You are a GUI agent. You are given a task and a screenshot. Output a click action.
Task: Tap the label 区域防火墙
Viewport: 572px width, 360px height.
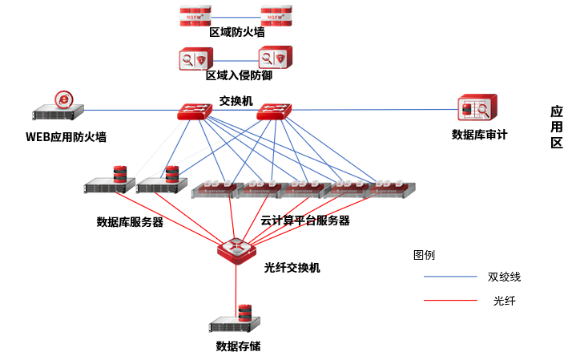tap(237, 33)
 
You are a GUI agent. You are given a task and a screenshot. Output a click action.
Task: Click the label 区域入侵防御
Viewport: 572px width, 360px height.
tap(239, 76)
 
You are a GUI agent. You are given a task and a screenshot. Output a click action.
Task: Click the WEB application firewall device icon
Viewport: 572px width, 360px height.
tap(58, 107)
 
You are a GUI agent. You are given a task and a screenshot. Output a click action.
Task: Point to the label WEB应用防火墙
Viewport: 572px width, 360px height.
tap(66, 137)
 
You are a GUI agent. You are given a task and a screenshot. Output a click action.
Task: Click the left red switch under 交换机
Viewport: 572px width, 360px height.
tap(194, 112)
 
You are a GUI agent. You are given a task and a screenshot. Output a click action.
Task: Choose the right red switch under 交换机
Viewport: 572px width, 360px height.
tap(274, 112)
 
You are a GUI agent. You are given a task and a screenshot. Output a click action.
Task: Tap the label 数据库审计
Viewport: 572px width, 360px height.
tap(480, 135)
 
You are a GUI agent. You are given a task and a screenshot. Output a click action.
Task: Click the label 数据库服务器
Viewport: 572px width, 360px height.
tap(130, 222)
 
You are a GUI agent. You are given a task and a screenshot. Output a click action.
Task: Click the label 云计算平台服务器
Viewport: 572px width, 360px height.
tap(305, 220)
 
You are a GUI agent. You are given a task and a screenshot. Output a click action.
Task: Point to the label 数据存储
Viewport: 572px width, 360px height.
tap(238, 346)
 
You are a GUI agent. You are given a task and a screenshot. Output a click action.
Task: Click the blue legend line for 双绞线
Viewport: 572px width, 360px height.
tap(449, 277)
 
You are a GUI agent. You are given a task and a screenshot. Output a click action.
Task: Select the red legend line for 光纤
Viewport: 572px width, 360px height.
tap(449, 301)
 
